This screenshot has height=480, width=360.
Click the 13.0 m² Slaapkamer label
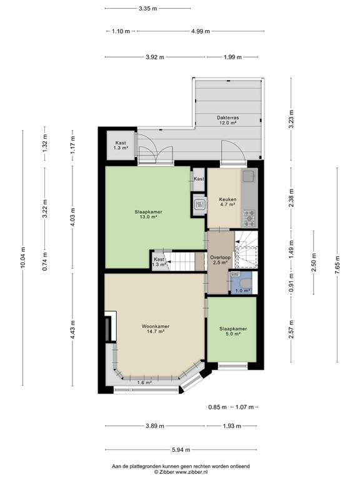click(148, 214)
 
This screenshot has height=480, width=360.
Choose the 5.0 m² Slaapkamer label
click(232, 331)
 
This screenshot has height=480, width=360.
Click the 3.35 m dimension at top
click(148, 9)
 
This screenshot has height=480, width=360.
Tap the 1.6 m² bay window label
click(144, 382)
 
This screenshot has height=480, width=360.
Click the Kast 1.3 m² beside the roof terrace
click(121, 146)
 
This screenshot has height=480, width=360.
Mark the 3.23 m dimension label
click(291, 118)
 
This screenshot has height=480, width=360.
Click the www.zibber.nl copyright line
click(180, 472)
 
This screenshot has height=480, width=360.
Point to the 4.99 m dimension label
click(200, 31)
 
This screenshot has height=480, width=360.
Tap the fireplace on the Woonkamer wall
click(110, 326)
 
